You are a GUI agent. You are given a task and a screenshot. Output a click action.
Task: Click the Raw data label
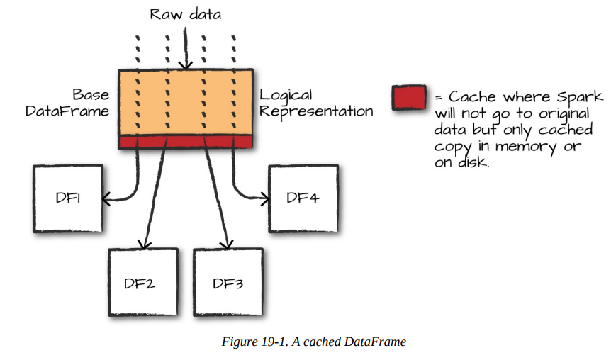click(x=186, y=15)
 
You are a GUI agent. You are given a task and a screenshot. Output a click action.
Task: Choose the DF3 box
click(x=228, y=283)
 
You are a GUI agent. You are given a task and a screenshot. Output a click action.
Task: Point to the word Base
click(x=91, y=95)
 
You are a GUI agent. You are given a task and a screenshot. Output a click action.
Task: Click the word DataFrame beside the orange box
click(x=67, y=111)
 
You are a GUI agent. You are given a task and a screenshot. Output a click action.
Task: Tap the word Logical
click(x=286, y=95)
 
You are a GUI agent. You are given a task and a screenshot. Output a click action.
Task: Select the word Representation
click(x=316, y=111)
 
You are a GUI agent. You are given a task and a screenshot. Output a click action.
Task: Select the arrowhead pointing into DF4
click(x=264, y=199)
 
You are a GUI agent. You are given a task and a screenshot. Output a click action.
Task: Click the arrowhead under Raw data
click(x=185, y=66)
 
